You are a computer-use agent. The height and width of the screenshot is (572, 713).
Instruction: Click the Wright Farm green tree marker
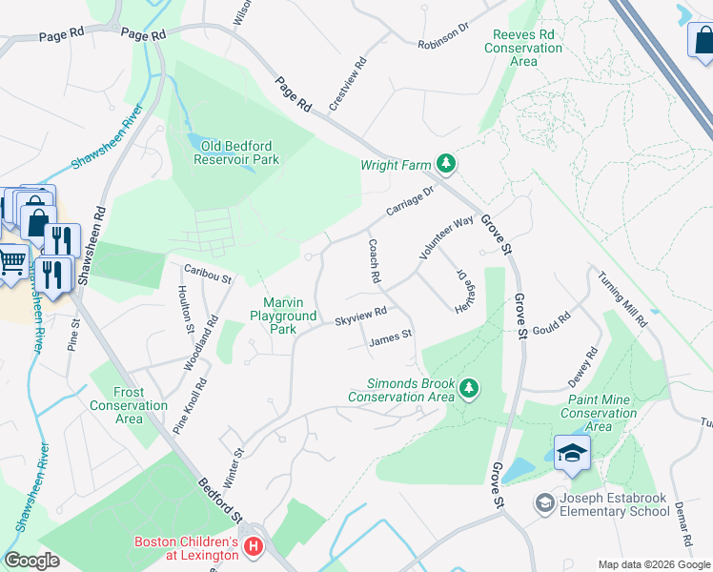pyautogui.click(x=445, y=164)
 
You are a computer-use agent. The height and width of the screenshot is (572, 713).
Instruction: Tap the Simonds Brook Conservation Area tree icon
pyautogui.click(x=468, y=388)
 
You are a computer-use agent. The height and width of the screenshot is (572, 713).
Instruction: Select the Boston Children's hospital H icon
pyautogui.click(x=254, y=547)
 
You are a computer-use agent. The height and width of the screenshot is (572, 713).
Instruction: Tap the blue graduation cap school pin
pyautogui.click(x=571, y=454)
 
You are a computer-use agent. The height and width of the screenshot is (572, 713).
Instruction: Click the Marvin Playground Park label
pyautogui.click(x=282, y=316)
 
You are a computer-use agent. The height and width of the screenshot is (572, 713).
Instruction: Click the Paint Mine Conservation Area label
pyautogui.click(x=598, y=414)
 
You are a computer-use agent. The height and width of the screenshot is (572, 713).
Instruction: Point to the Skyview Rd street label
pyautogui.click(x=359, y=317)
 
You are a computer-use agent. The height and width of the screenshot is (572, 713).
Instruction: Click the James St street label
pyautogui.click(x=390, y=336)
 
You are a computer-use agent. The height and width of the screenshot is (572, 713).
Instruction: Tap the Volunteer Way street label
pyautogui.click(x=446, y=238)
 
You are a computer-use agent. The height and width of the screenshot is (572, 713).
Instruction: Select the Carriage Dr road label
pyautogui.click(x=410, y=200)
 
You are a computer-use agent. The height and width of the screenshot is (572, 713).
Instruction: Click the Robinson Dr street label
pyautogui.click(x=443, y=36)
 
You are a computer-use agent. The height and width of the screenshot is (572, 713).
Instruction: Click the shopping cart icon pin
pyautogui.click(x=11, y=259)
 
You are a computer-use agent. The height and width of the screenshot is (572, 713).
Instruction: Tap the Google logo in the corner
pyautogui.click(x=31, y=561)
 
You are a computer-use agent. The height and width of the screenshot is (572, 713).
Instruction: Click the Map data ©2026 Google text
pyautogui.click(x=653, y=564)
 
